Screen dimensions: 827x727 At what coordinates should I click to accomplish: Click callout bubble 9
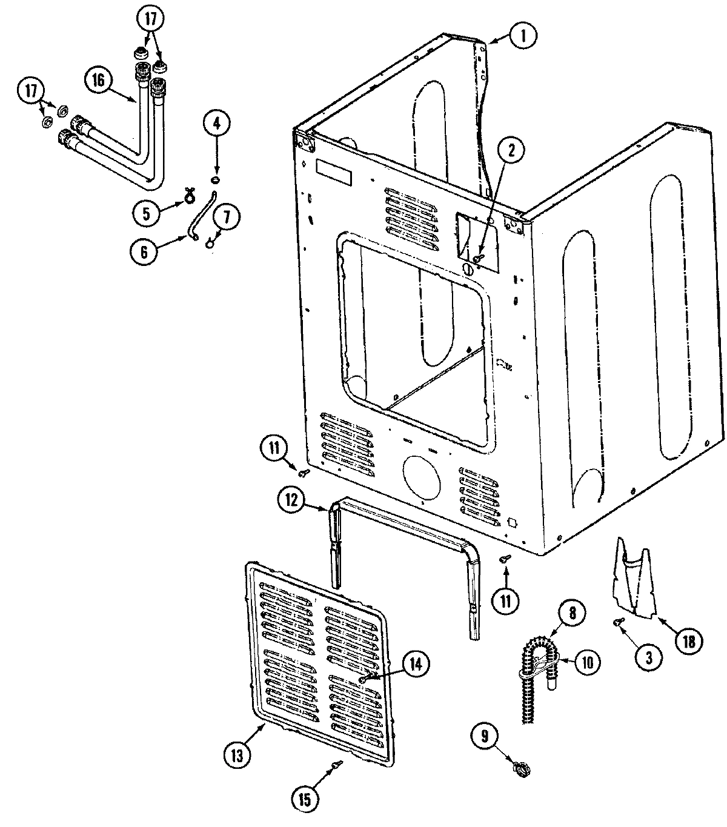click(489, 736)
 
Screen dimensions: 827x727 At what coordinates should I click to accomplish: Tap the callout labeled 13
click(236, 755)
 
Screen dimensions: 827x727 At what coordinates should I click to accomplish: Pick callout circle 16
click(99, 79)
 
